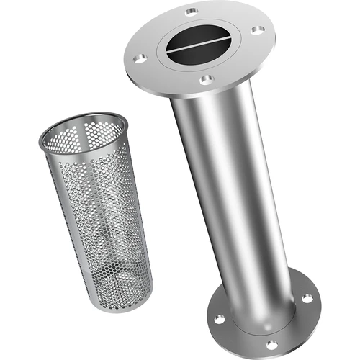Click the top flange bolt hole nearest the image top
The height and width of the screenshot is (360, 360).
[191, 12]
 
